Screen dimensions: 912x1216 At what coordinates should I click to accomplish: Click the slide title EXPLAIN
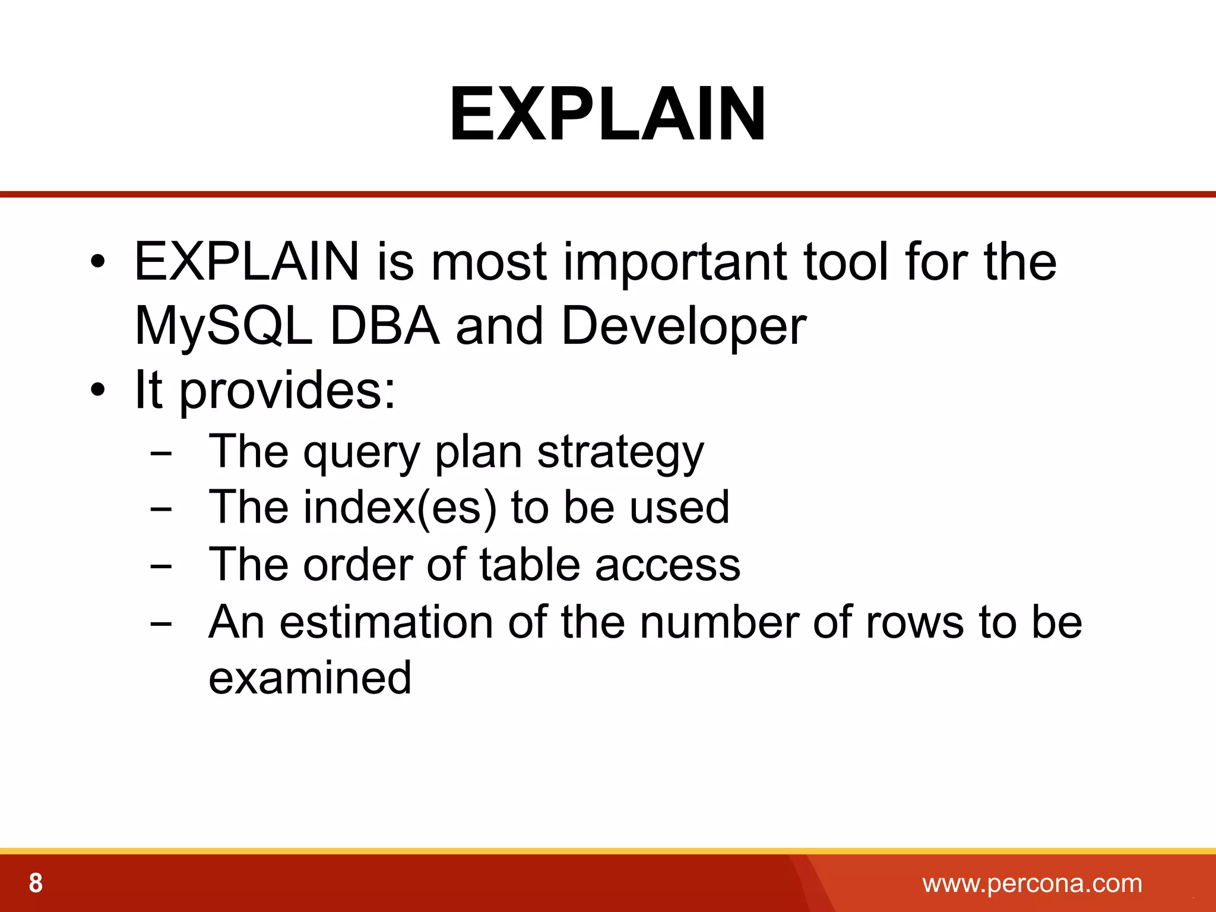[607, 114]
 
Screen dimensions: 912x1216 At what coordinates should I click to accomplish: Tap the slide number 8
[36, 883]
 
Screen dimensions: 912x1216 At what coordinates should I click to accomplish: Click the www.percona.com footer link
[1032, 883]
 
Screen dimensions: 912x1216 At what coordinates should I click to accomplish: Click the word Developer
[683, 327]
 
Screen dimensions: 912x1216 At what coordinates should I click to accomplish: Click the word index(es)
[400, 508]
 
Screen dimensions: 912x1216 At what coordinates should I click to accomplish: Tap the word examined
[310, 678]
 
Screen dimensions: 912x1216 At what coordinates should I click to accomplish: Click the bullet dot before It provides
[98, 391]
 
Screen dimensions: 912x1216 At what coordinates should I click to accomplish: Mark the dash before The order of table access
[161, 566]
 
